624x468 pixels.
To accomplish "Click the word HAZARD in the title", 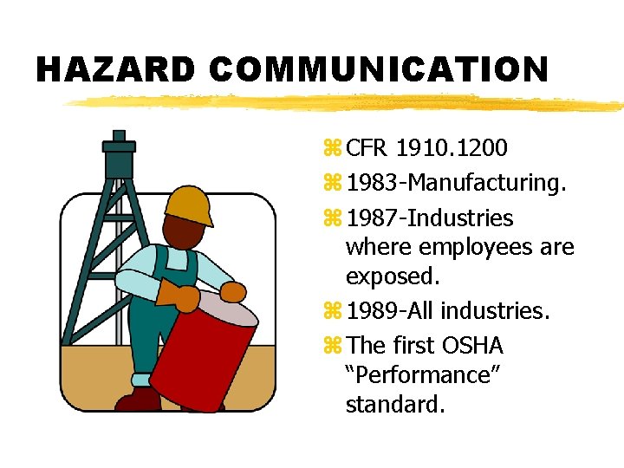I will pyautogui.click(x=116, y=69).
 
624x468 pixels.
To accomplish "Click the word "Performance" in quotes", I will pyautogui.click(x=415, y=375).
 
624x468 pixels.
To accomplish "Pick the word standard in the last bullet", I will pyautogui.click(x=394, y=405).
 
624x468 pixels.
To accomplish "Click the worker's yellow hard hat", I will pyautogui.click(x=189, y=205).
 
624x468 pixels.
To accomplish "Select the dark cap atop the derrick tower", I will pyautogui.click(x=119, y=156).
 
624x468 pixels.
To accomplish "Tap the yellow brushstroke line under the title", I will pyautogui.click(x=347, y=103).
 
